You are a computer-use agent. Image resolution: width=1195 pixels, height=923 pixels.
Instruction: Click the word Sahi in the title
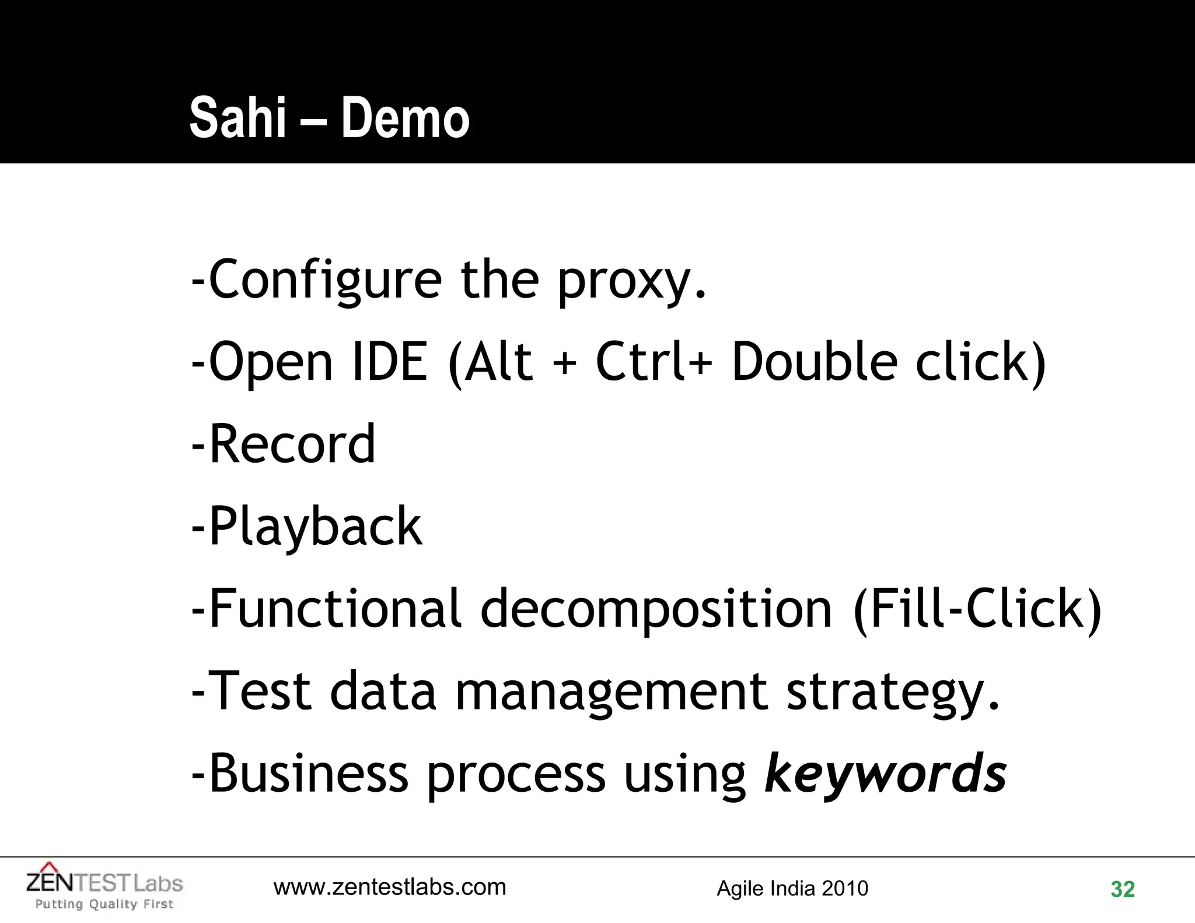[x=237, y=118]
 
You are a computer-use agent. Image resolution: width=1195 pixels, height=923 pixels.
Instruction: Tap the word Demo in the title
[x=405, y=118]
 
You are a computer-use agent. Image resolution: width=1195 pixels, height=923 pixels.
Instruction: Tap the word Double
[x=814, y=362]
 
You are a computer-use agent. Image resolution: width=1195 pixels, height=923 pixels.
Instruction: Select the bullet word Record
[x=292, y=445]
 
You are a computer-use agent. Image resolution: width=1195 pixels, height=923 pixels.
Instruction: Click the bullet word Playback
[x=315, y=527]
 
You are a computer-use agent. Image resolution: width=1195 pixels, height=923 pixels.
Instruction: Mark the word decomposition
[x=656, y=609]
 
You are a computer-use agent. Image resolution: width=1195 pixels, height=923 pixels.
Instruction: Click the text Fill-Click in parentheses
[x=977, y=609]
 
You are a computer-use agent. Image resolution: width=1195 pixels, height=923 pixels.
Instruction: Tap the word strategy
[x=893, y=692]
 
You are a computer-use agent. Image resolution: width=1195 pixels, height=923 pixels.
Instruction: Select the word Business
[x=308, y=774]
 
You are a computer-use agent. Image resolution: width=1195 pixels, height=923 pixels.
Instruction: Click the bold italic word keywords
[x=885, y=774]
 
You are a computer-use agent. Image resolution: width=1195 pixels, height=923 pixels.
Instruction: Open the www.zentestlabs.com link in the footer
[x=390, y=887]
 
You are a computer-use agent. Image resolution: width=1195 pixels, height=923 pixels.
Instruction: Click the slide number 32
[x=1122, y=890]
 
